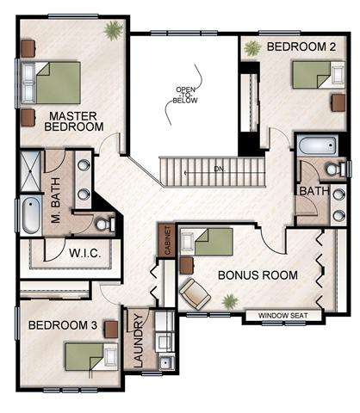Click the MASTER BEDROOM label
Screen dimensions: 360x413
74,121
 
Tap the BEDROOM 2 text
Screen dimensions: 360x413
301,46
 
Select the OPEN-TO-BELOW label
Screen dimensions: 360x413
185,95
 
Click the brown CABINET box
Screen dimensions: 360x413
167,240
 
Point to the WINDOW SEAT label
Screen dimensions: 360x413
283,316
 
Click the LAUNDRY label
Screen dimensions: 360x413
139,341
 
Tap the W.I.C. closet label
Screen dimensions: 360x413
85,253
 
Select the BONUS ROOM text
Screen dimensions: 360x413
258,275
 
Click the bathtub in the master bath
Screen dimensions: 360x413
31,214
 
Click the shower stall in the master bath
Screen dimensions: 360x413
30,171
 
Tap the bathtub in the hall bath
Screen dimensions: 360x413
317,146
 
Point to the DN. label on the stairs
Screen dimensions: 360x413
220,170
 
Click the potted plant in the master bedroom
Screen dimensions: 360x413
114,30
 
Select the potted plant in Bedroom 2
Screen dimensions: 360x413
252,48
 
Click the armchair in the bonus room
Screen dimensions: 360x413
195,294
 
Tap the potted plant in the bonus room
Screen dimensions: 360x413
230,301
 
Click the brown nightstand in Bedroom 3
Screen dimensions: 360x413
111,330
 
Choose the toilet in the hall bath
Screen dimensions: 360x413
336,169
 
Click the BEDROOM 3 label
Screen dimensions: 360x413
63,325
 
